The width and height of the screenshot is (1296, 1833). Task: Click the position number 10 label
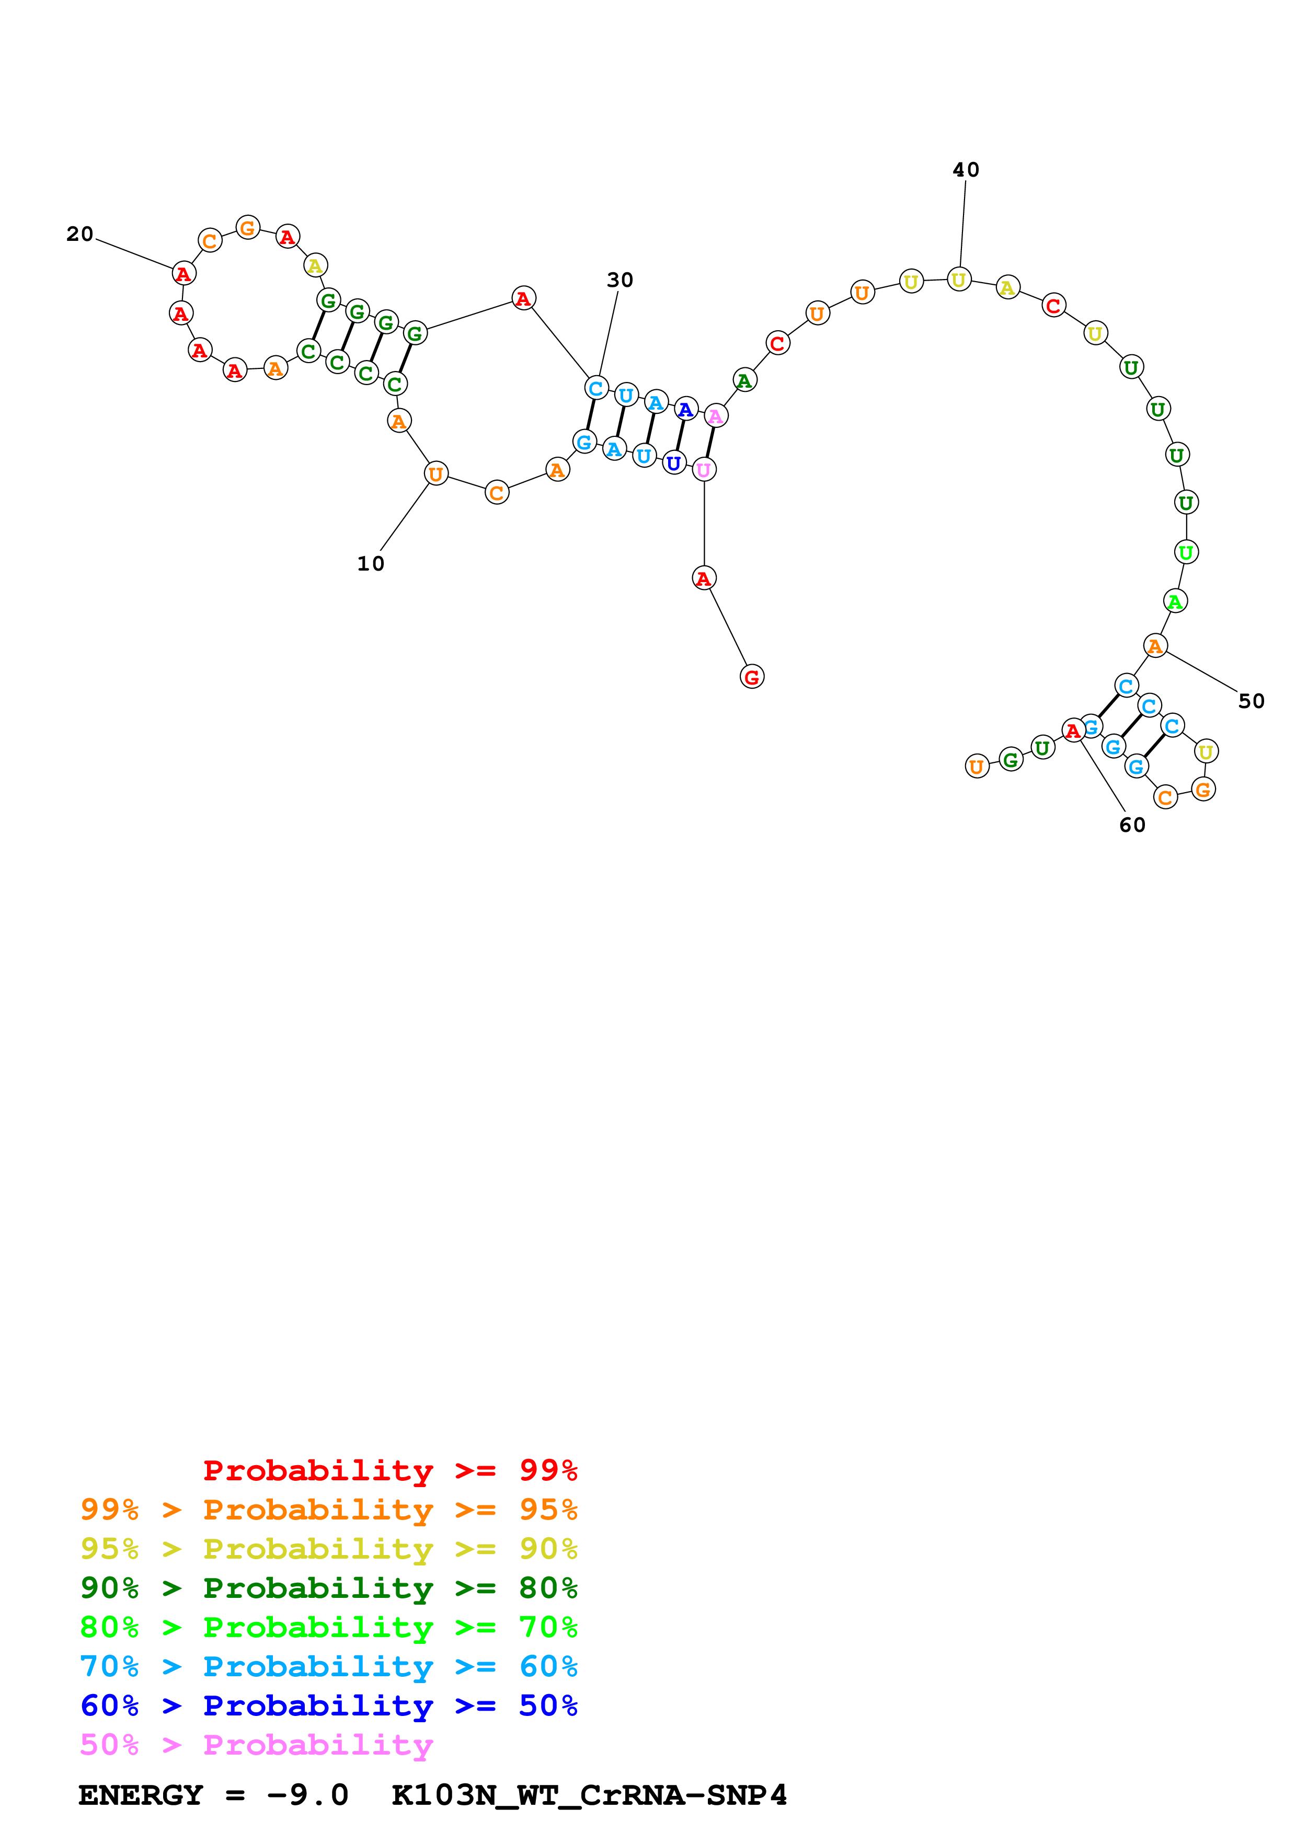point(371,564)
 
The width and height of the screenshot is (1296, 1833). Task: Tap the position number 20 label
point(80,234)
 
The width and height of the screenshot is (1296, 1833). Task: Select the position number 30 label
point(620,280)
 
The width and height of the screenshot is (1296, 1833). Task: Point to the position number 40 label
point(966,170)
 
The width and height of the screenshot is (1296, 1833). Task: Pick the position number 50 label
point(1251,701)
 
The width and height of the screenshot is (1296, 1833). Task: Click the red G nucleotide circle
point(751,677)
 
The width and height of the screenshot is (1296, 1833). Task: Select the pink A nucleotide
point(716,416)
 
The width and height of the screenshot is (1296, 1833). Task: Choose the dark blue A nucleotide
point(685,410)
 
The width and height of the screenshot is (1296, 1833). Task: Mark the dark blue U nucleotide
point(674,463)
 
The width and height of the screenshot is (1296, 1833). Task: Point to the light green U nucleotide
point(1186,552)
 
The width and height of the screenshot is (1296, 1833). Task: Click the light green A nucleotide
point(1175,601)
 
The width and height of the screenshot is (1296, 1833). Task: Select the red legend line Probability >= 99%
point(389,1470)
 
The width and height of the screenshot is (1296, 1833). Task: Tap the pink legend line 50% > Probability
point(256,1745)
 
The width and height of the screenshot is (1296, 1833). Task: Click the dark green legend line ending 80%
point(328,1588)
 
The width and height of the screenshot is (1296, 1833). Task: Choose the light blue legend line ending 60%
point(328,1666)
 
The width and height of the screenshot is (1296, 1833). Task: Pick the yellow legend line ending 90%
point(328,1549)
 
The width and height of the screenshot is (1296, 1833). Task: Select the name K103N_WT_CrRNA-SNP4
point(589,1795)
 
